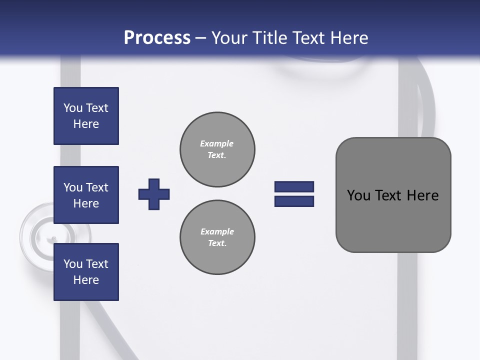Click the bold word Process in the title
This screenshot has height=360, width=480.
pos(157,38)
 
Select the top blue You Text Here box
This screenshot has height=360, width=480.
pos(86,116)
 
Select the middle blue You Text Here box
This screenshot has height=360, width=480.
pos(86,195)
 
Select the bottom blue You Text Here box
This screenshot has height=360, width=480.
pos(86,272)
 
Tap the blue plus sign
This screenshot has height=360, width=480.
pos(154,194)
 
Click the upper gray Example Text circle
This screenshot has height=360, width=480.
pos(217,149)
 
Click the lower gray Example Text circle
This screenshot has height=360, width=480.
pos(217,237)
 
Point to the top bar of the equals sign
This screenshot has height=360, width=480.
pos(294,186)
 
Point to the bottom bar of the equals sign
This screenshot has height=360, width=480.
pos(294,201)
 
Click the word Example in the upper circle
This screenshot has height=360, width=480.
pos(217,143)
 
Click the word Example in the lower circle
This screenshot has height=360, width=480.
pos(217,231)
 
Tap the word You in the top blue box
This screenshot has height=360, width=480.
pos(73,108)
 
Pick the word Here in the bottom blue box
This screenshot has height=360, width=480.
pos(86,280)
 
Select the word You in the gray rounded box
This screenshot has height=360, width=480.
pos(358,195)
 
